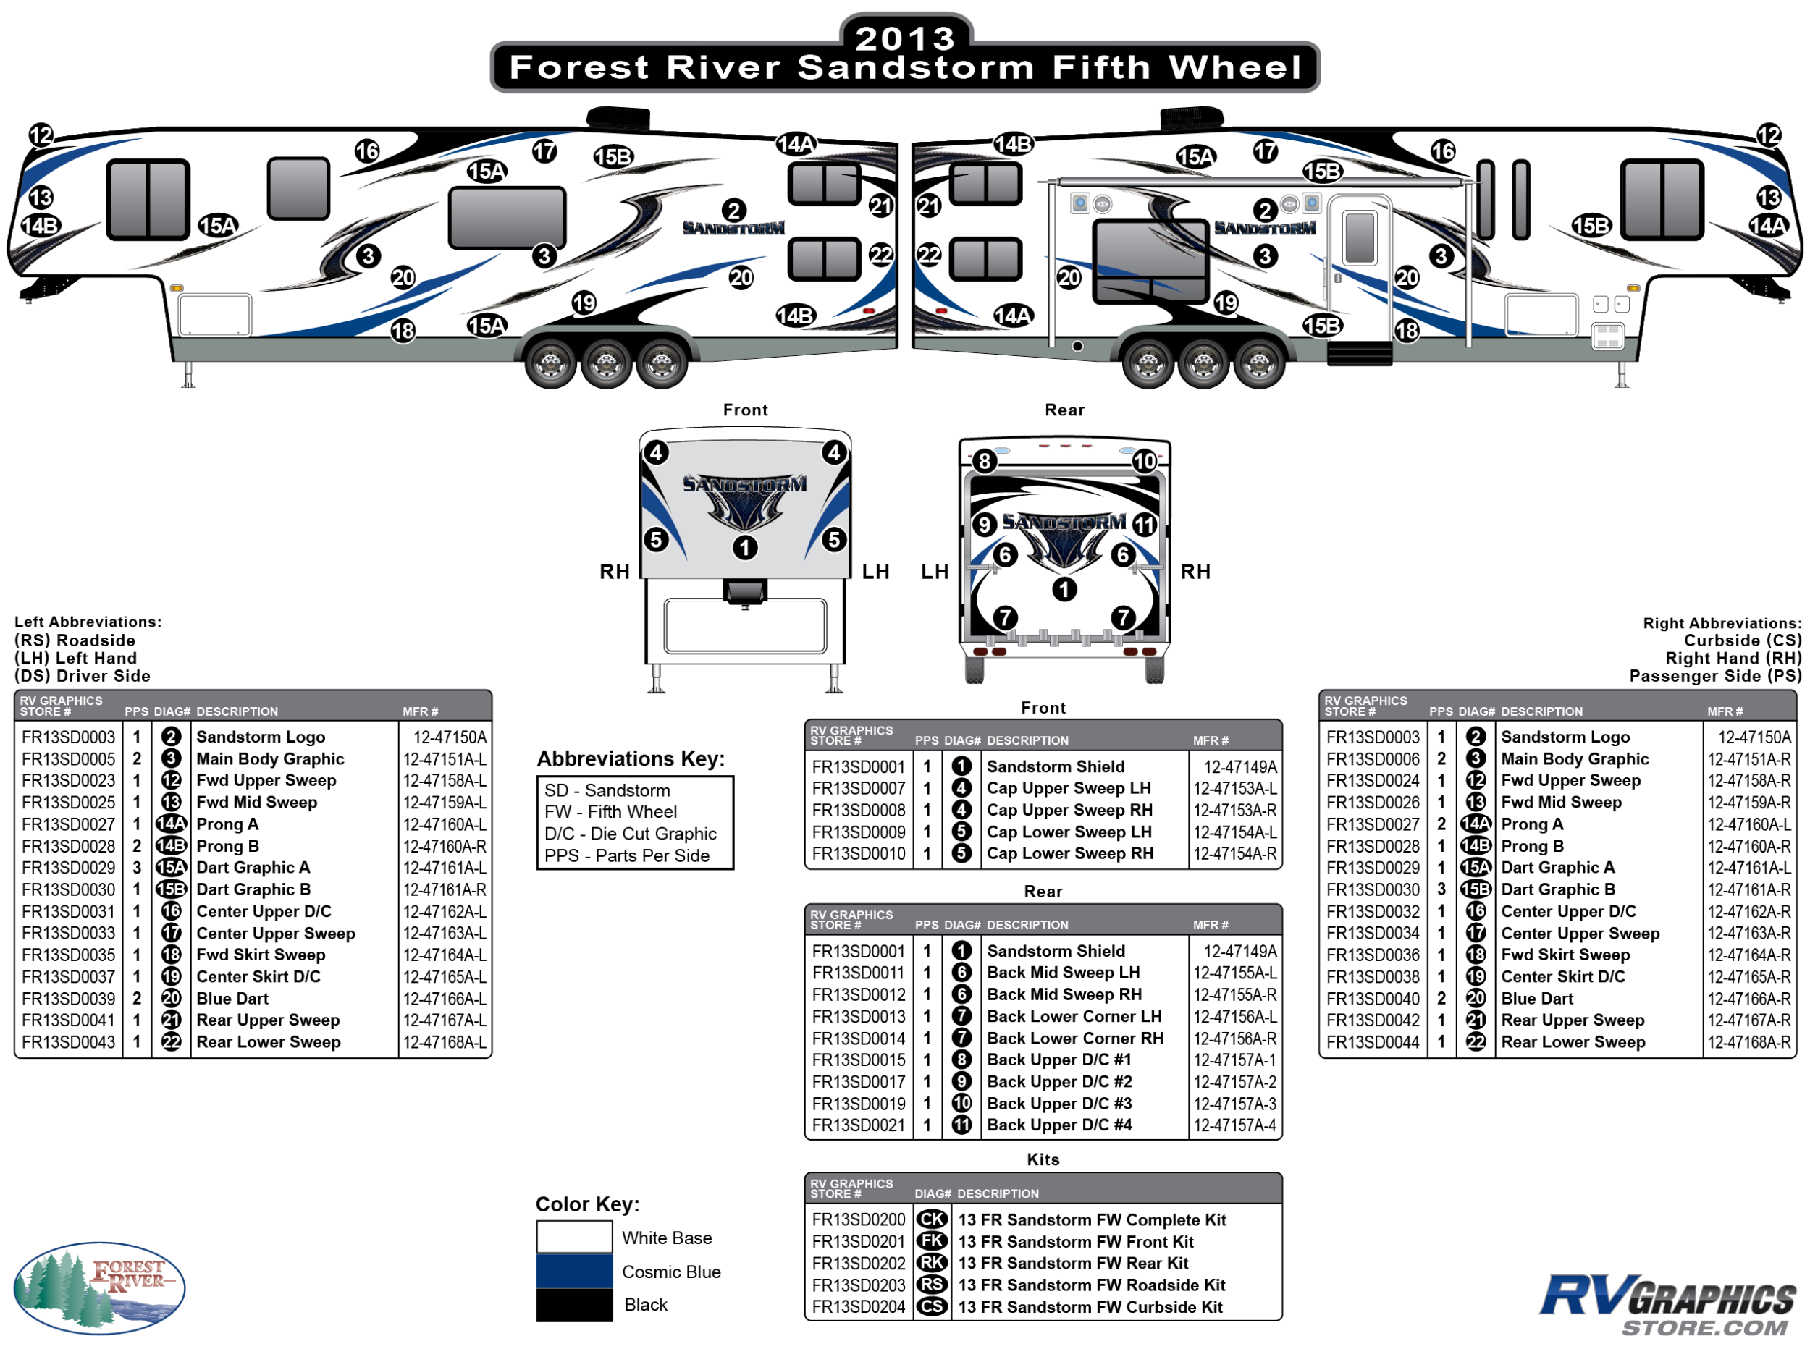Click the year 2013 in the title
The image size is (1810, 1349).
click(904, 38)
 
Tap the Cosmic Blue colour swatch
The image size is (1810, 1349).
click(573, 1271)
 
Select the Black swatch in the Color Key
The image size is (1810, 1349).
click(573, 1304)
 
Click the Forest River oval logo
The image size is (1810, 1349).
click(99, 1287)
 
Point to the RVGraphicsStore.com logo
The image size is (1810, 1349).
click(1665, 1303)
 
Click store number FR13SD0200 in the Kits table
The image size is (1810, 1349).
click(858, 1219)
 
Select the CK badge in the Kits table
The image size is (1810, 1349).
click(931, 1219)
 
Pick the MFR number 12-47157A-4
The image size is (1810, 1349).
click(1234, 1125)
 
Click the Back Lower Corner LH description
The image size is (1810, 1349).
click(1073, 1017)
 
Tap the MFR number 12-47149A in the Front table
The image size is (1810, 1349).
click(1239, 767)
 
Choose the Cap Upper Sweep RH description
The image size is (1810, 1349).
click(1069, 810)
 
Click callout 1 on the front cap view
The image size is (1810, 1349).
click(744, 547)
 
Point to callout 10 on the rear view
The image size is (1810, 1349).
click(1143, 462)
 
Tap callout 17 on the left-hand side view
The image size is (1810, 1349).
click(544, 151)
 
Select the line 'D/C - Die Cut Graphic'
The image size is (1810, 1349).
click(630, 834)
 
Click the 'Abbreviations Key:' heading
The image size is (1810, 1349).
click(631, 758)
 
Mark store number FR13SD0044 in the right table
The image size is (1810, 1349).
click(1372, 1042)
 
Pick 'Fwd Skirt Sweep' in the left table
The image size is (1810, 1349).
click(261, 955)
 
